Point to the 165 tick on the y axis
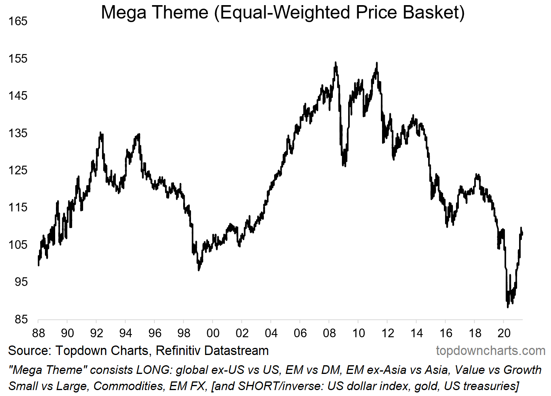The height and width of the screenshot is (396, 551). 18,21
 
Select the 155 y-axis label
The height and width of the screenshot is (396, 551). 18,59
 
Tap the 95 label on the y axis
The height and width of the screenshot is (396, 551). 18,282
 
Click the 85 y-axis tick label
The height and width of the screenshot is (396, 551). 18,319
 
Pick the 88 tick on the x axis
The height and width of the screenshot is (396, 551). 38,333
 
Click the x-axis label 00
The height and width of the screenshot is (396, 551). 213,333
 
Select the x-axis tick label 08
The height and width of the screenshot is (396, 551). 329,333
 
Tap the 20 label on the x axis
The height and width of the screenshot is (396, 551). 504,333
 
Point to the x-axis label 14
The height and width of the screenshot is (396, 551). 417,333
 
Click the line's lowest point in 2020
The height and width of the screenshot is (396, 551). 508,307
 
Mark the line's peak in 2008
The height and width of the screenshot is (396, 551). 336,62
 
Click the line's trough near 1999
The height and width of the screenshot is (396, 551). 199,270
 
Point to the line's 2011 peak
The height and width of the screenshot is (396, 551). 377,63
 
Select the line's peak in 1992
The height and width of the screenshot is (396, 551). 100,133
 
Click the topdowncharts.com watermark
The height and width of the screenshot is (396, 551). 490,351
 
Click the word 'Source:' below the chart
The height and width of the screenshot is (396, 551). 30,351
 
